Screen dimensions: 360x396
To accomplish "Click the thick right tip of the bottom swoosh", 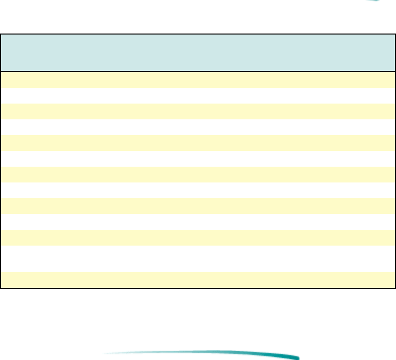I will [294, 357].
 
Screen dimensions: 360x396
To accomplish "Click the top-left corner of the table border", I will [1, 35].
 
